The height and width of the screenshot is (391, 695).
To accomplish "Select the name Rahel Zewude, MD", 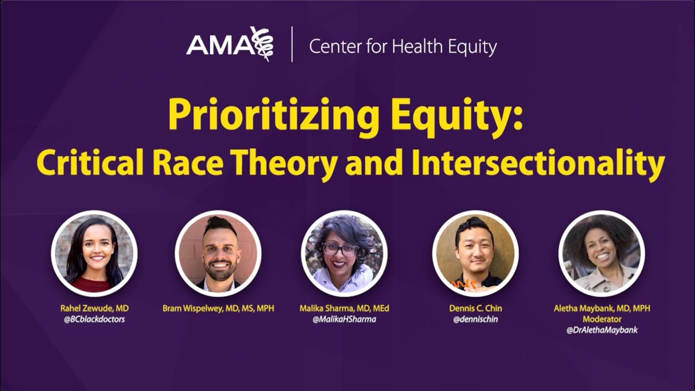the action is (94, 308).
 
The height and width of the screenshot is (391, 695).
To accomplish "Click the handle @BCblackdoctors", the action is (94, 319).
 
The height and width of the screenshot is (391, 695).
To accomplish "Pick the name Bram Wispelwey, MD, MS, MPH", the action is (218, 308).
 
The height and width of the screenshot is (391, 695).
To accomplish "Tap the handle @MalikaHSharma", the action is (344, 319).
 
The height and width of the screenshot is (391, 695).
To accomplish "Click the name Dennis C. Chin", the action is (475, 308).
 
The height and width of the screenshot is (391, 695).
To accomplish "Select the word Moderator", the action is (602, 319).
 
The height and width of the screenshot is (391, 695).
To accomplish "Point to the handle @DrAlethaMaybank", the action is (602, 330).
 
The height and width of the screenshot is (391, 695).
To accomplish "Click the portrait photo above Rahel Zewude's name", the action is (94, 254).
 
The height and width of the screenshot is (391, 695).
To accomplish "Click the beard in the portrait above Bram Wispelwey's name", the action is (220, 270).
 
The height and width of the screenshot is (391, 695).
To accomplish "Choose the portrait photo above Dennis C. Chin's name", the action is (475, 254).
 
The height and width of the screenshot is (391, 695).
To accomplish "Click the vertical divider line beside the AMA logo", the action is (292, 45).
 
